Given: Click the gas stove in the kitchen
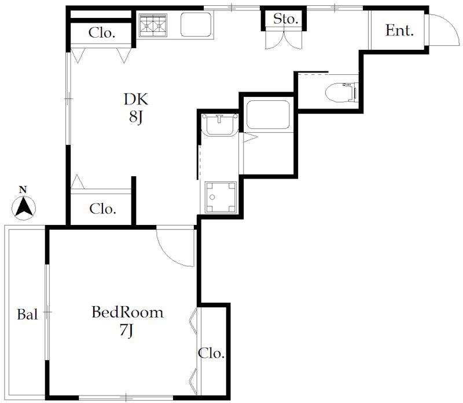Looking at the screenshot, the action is [x=153, y=25].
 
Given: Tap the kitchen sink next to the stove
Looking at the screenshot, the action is [x=196, y=24].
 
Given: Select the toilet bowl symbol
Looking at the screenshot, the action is [x=341, y=92].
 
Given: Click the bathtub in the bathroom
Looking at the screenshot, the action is [x=268, y=115].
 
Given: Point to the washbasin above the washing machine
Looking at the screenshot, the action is [x=220, y=125].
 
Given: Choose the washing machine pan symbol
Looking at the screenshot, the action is [x=221, y=197].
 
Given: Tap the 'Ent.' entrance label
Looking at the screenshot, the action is [x=399, y=31].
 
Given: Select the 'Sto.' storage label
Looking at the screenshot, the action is [x=285, y=19].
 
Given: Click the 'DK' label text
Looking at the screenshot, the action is [x=136, y=99].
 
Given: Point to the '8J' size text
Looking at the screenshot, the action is [x=136, y=118].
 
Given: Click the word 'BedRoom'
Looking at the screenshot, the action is [x=127, y=313].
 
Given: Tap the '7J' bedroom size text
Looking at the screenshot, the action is [x=126, y=331].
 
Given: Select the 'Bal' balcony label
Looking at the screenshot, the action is [x=27, y=314].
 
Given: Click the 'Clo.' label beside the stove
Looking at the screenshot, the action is [x=102, y=33].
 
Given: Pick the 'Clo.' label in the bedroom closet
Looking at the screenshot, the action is [x=211, y=353].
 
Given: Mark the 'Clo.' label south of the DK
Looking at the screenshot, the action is [x=102, y=209].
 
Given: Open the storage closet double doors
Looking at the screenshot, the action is [x=284, y=39].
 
